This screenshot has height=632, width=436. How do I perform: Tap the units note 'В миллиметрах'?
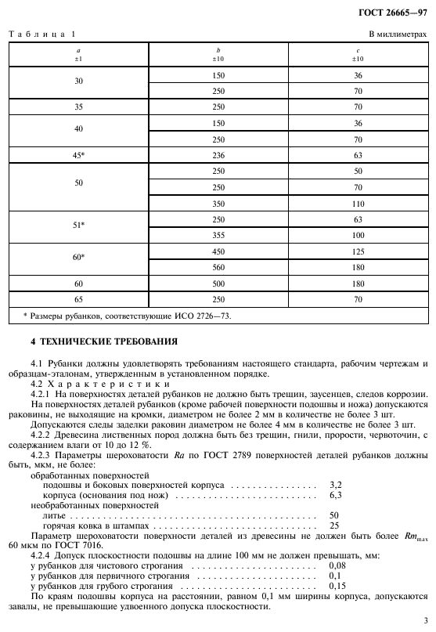tap(398, 34)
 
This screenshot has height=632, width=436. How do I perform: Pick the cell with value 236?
tap(218, 155)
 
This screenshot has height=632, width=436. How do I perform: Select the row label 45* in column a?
tap(78, 155)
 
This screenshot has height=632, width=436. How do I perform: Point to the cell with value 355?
tap(218, 235)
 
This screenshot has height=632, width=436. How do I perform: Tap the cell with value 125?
tap(358, 251)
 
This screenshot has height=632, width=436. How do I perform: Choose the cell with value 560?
tap(218, 267)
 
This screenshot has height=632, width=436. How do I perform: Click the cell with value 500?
tap(218, 283)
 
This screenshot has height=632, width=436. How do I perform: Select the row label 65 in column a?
tap(78, 299)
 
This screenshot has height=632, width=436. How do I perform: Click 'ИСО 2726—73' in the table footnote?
tap(206, 316)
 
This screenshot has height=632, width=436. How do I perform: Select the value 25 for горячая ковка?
tap(334, 525)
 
